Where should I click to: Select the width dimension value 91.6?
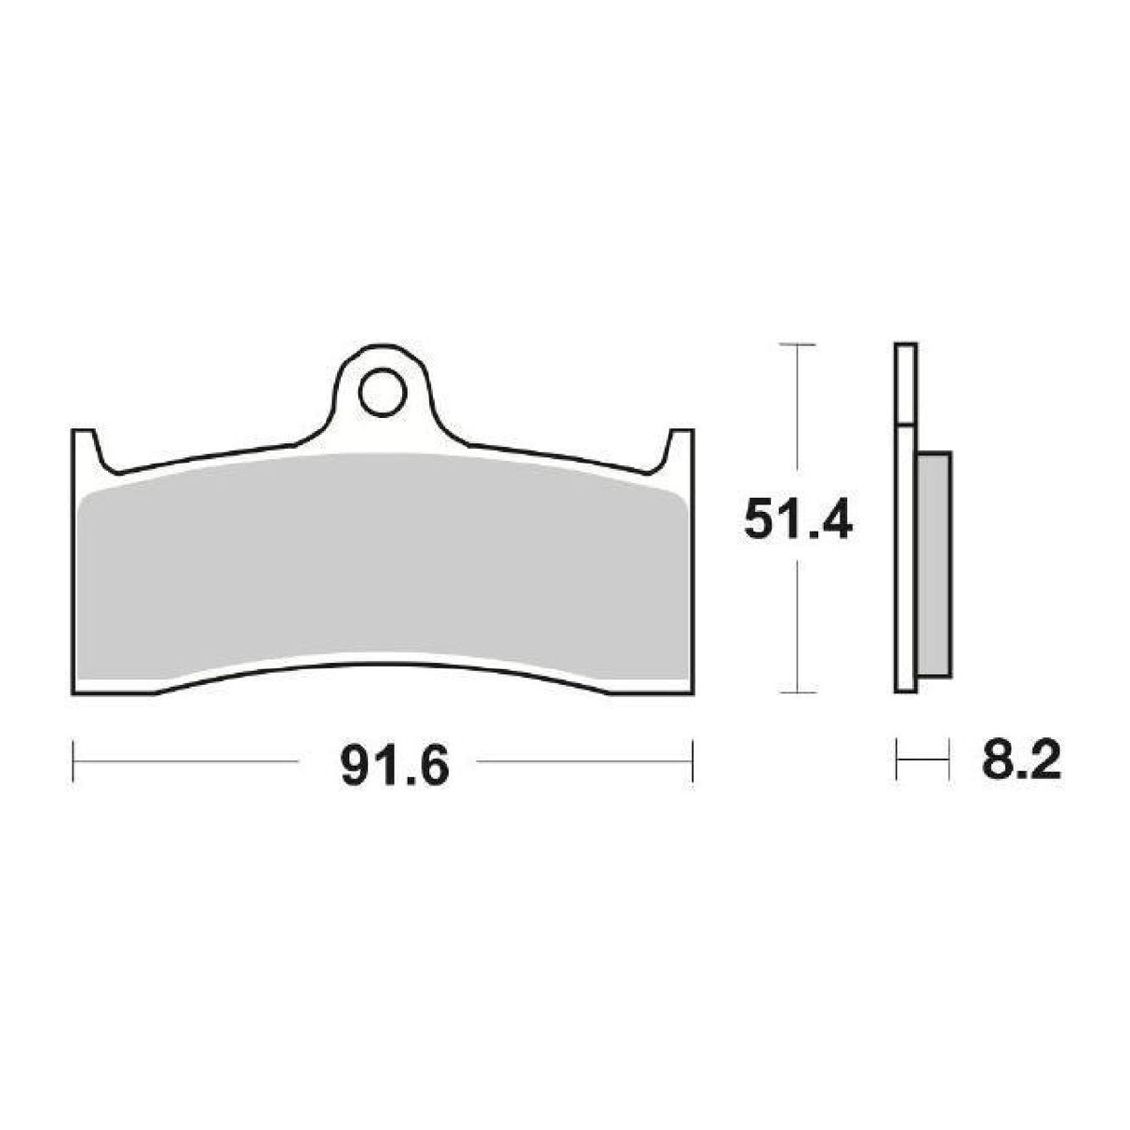pyautogui.click(x=395, y=767)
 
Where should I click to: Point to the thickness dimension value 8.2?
pyautogui.click(x=1020, y=765)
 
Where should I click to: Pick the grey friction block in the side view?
pyautogui.click(x=934, y=565)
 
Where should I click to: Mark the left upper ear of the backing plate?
pyautogui.click(x=85, y=448)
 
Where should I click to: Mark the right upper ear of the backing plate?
pyautogui.click(x=681, y=448)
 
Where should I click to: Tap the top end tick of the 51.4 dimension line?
pyautogui.click(x=797, y=344)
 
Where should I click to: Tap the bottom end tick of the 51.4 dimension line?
pyautogui.click(x=797, y=693)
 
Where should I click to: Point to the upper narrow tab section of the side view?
pyautogui.click(x=906, y=384)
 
